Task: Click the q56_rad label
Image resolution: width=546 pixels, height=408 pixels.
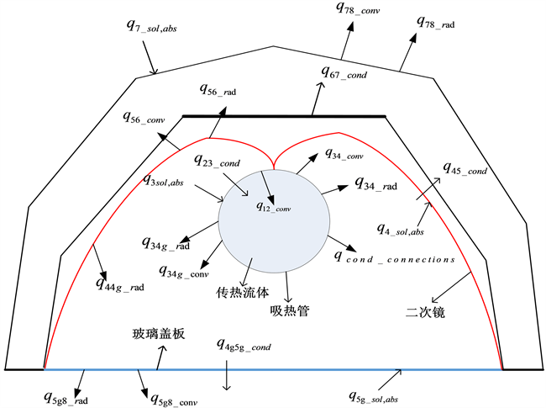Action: tap(222, 88)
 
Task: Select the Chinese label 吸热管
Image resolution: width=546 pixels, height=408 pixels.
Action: tap(291, 311)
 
